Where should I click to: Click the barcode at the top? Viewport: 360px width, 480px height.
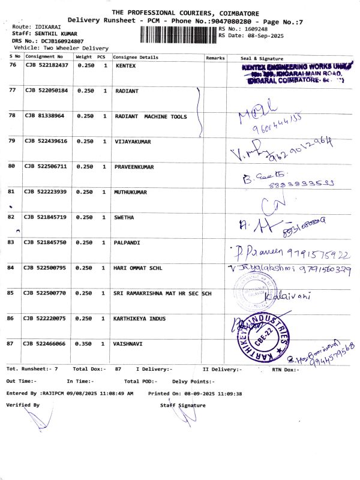[x=178, y=34]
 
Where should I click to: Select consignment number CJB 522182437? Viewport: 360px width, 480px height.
[x=46, y=65]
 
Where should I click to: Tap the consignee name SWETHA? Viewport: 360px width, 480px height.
[x=124, y=217]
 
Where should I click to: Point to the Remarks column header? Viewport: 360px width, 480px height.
[x=215, y=58]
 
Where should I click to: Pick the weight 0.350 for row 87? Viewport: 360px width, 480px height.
[x=86, y=344]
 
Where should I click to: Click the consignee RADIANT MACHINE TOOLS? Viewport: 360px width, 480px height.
[x=151, y=116]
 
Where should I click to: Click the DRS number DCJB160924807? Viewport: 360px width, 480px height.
[x=58, y=41]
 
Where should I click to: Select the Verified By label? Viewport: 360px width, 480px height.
[x=23, y=405]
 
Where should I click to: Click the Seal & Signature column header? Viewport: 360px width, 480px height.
[x=261, y=58]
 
